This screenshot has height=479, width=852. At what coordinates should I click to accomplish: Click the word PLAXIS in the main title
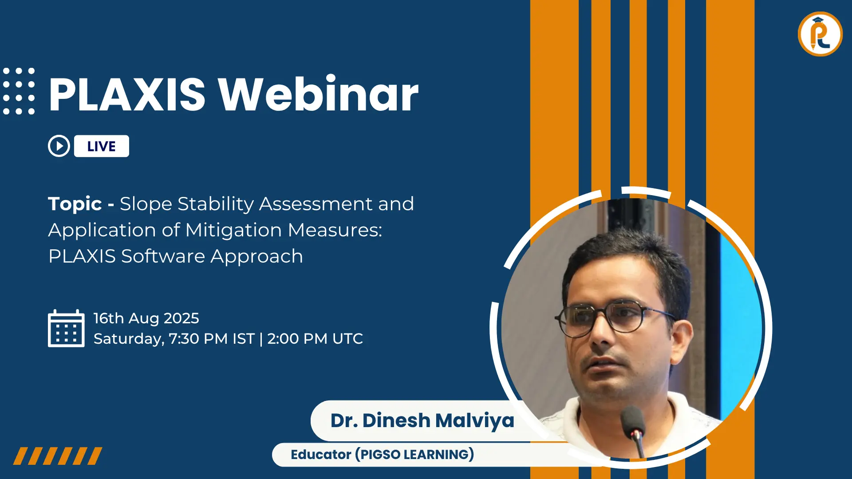click(x=127, y=94)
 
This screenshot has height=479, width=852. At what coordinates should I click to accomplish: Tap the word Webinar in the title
click(x=318, y=94)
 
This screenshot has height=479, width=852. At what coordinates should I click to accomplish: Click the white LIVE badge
click(x=102, y=146)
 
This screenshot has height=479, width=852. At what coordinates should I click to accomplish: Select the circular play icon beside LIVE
click(x=59, y=146)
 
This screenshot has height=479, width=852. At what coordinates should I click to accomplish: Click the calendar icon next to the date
click(x=66, y=329)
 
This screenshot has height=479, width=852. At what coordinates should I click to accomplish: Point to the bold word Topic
click(x=75, y=204)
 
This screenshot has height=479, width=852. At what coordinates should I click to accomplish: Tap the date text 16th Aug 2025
click(x=146, y=318)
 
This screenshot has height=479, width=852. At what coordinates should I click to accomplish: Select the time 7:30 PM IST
click(x=212, y=339)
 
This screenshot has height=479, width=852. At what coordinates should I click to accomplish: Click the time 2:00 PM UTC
click(x=315, y=339)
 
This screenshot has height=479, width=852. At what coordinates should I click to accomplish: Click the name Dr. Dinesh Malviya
click(x=422, y=420)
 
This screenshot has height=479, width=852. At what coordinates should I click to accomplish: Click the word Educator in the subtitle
click(x=321, y=455)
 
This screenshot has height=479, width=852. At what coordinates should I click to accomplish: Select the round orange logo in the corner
click(x=820, y=34)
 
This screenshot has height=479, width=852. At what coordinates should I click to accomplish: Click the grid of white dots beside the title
click(x=19, y=91)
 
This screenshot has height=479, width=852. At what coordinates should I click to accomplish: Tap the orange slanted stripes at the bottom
click(x=58, y=456)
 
